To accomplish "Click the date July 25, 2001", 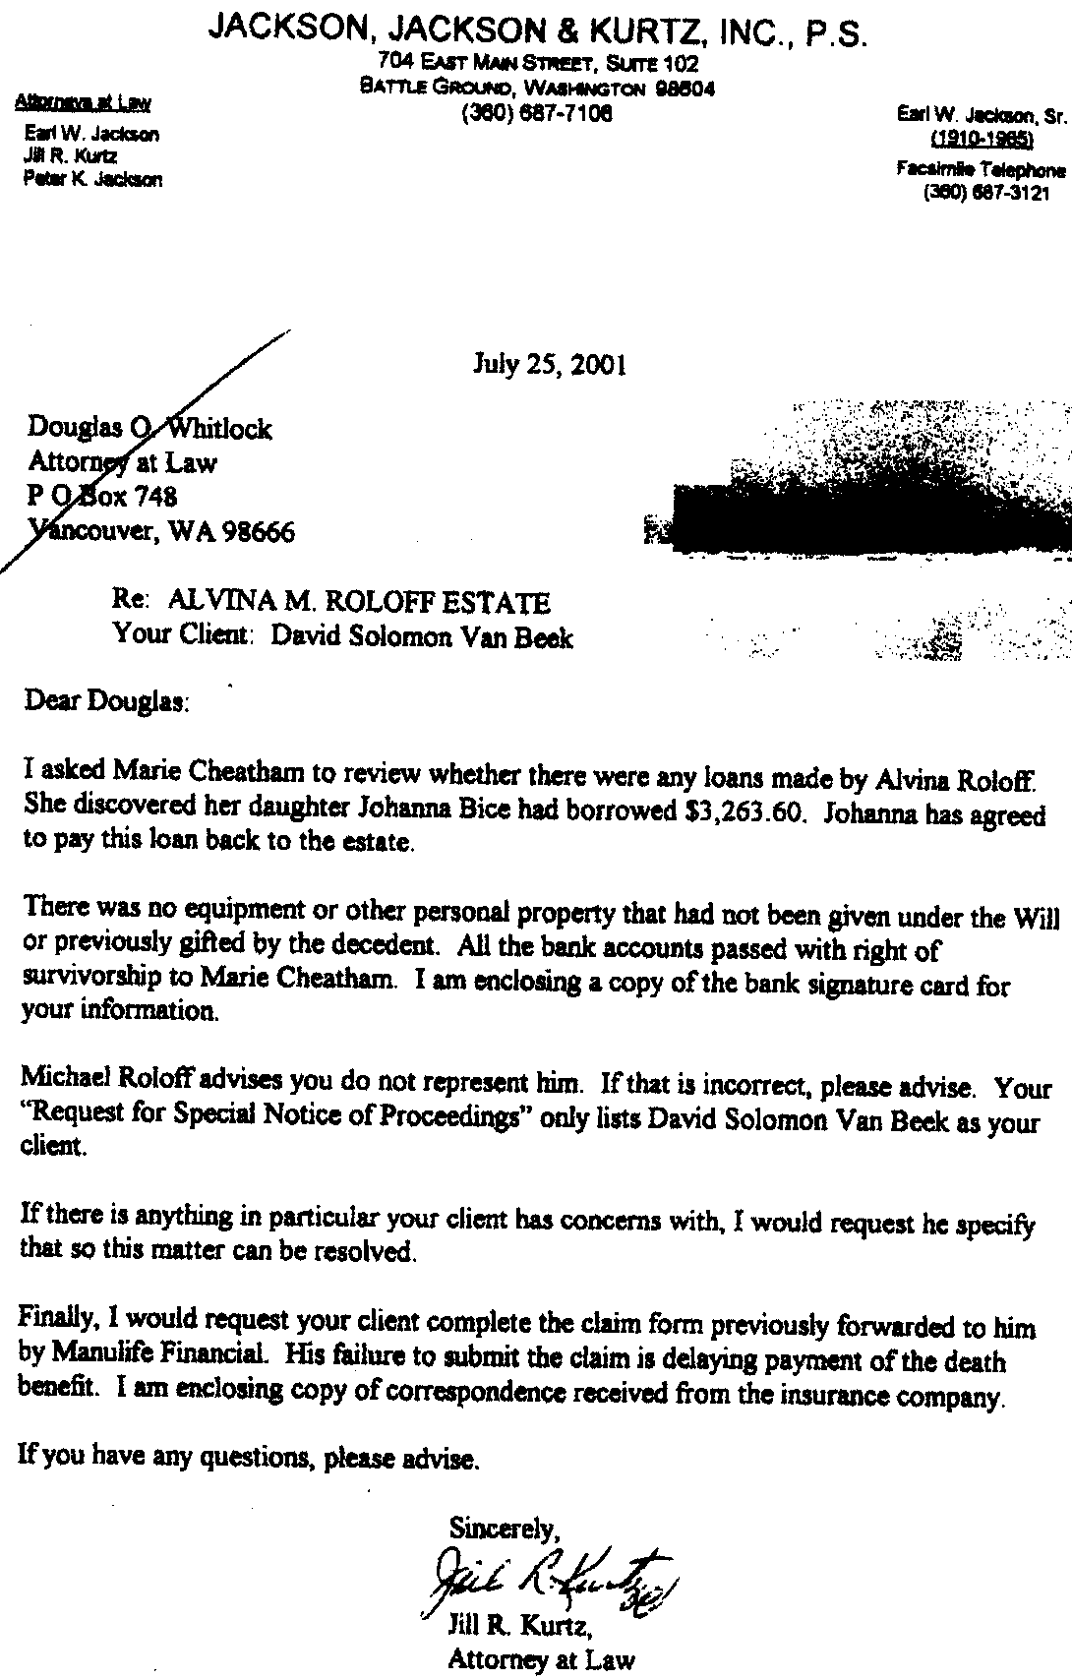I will coord(550,366).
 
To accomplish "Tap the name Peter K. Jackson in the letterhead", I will coord(92,179).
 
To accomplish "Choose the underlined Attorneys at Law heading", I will coord(82,102).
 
